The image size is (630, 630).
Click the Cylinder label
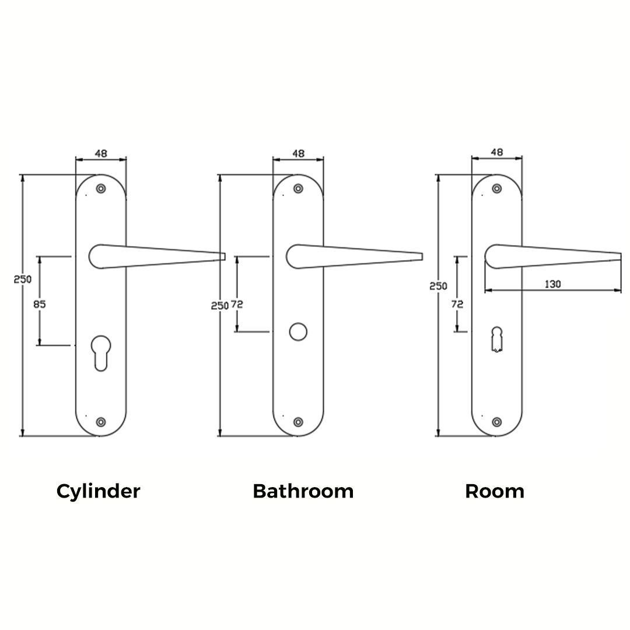coord(98,491)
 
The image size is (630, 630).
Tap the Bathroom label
coord(303,491)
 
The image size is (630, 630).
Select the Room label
coord(494,491)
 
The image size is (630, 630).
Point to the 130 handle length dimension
coord(552,284)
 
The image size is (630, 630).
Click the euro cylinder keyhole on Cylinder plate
coord(101,351)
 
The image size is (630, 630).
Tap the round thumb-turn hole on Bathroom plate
coord(298,332)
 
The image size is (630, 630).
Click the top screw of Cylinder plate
coord(101,189)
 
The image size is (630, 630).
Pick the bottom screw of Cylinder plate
coord(101,422)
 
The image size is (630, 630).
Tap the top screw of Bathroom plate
coord(298,189)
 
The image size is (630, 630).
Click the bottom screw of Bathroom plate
coord(298,422)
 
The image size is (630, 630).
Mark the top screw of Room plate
coord(496,188)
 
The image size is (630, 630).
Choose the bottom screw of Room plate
coord(496,422)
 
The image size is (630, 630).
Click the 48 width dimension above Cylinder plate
coord(101,153)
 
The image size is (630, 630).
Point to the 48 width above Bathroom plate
coord(298,153)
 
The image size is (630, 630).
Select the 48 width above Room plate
coord(496,152)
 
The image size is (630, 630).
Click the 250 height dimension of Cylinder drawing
coord(22,279)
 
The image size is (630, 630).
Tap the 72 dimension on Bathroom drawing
coord(237,304)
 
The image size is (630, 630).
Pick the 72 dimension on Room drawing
coord(457,304)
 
